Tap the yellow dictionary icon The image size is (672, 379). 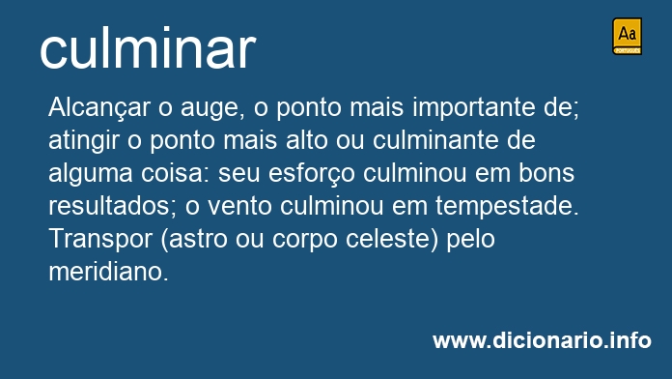[627, 36]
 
